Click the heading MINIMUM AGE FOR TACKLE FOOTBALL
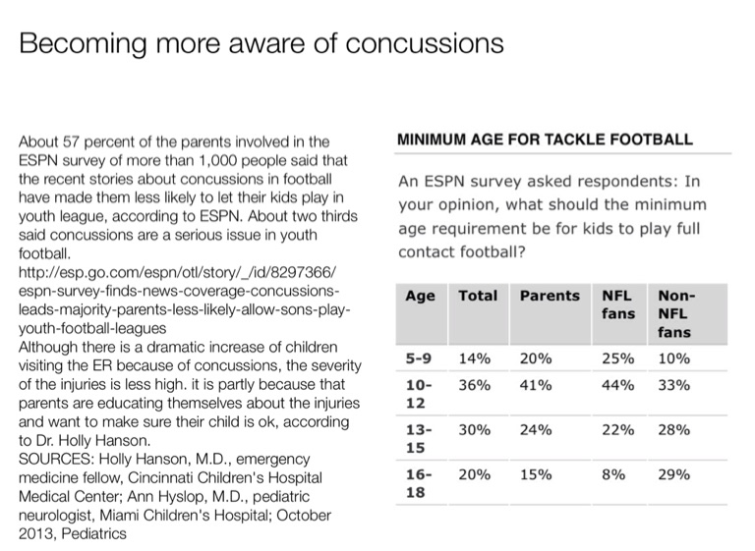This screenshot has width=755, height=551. tap(545, 139)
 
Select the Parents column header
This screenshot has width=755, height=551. tap(550, 295)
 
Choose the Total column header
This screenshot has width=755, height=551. tap(478, 295)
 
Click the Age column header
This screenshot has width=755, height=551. tap(420, 295)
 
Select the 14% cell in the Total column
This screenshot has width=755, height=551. tap(475, 359)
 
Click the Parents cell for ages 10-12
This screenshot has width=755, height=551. tap(535, 385)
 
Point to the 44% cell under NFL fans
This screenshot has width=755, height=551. tap(616, 385)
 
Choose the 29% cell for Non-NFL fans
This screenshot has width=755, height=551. tap(673, 474)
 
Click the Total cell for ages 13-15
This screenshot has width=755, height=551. tap(475, 429)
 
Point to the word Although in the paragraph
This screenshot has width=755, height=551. tap(49, 348)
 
